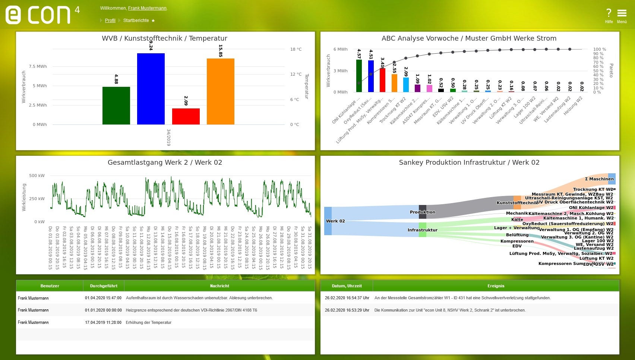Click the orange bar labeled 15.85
(220, 91)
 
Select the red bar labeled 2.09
(186, 116)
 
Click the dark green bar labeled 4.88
(116, 105)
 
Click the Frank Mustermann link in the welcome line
(147, 8)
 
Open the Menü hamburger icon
(622, 13)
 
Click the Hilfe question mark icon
(609, 13)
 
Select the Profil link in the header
(110, 20)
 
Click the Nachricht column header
(219, 286)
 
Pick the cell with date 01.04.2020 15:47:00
(103, 298)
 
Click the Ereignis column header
(496, 286)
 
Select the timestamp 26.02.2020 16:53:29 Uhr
(347, 310)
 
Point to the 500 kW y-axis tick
(37, 176)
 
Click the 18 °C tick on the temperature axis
(296, 49)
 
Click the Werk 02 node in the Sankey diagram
(328, 221)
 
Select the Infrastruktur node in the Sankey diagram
(422, 230)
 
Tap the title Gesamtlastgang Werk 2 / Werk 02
(165, 162)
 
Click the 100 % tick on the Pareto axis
(600, 49)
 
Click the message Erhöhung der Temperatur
(149, 322)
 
